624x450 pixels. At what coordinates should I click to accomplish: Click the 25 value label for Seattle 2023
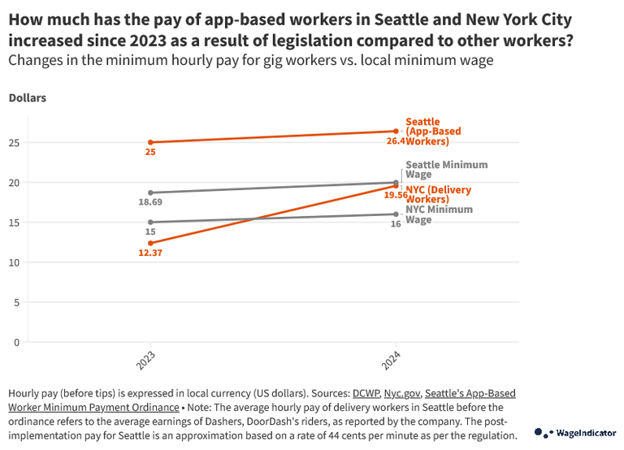(x=150, y=153)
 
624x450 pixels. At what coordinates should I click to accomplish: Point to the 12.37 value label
(x=150, y=253)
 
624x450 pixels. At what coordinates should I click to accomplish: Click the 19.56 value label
(x=396, y=196)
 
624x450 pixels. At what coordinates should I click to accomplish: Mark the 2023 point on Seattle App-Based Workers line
(x=150, y=142)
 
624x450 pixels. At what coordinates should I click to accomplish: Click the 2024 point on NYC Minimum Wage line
(x=396, y=214)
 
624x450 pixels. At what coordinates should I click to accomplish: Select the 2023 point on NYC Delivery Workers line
(x=150, y=243)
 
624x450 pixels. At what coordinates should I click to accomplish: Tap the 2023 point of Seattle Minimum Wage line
(x=150, y=193)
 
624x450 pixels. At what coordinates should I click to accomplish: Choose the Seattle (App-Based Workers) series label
(x=433, y=132)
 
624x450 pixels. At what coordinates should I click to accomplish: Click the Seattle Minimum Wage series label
(x=446, y=169)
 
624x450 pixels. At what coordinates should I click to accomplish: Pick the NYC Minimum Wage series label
(x=439, y=214)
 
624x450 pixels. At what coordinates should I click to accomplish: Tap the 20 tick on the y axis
(x=14, y=183)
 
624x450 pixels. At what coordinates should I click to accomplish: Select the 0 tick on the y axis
(x=16, y=342)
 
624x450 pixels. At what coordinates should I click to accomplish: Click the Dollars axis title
(x=27, y=98)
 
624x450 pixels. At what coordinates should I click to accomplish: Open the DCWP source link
(x=366, y=393)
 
